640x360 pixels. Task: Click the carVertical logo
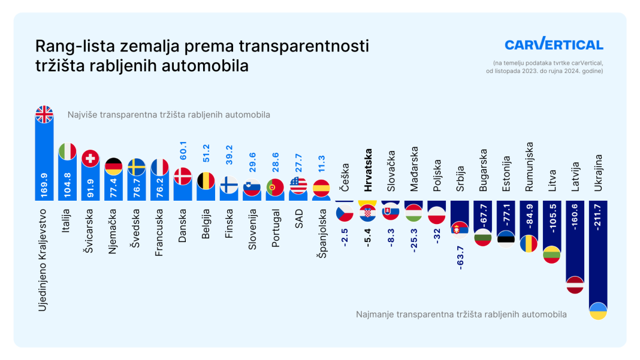(x=554, y=43)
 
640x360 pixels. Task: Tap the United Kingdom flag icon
(x=44, y=114)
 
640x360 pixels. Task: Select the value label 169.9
(x=44, y=185)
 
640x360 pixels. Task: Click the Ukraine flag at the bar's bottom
(x=598, y=311)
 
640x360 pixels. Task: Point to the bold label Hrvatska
(x=368, y=170)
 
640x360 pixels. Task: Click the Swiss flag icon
(x=90, y=159)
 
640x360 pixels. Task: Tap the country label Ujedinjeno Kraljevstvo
(x=43, y=260)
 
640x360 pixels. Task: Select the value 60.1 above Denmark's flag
(x=183, y=150)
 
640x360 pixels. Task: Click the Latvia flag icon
(x=575, y=285)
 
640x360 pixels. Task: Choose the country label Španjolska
(x=322, y=234)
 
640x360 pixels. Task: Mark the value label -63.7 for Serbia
(x=460, y=258)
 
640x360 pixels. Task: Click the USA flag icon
(x=298, y=186)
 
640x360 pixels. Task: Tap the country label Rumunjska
(x=529, y=167)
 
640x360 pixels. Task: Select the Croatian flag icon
(x=367, y=213)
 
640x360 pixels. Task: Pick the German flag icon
(x=113, y=167)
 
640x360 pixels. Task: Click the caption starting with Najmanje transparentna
(x=461, y=314)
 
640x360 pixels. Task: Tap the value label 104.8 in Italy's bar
(x=67, y=185)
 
